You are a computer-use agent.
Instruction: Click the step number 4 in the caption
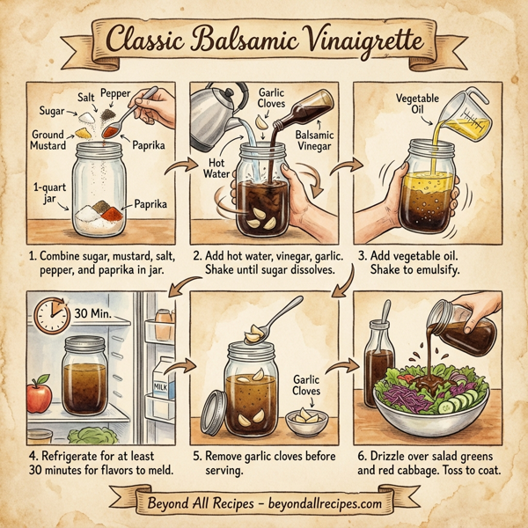(33, 457)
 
